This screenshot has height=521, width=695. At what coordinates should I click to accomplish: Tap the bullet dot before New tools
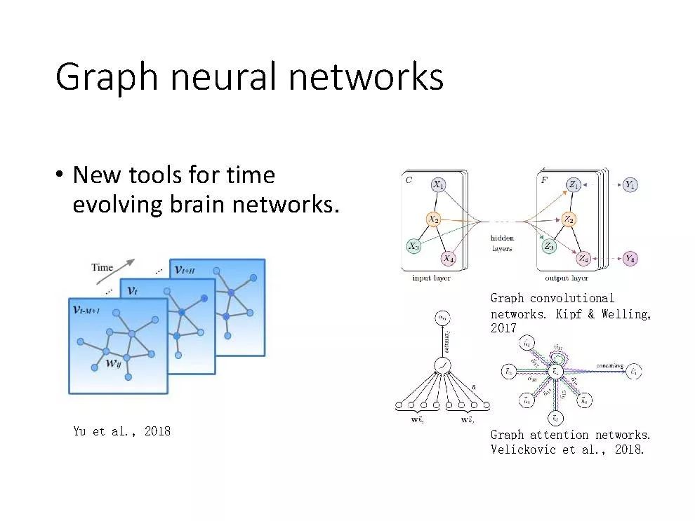(x=62, y=175)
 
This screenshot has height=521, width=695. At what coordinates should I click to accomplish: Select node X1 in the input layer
(x=438, y=185)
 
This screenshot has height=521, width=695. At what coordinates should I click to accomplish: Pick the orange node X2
(x=434, y=219)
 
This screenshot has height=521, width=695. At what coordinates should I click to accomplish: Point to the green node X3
(x=414, y=246)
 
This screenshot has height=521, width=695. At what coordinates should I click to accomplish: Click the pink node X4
(x=449, y=258)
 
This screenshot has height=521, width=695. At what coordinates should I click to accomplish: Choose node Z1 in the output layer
(x=574, y=185)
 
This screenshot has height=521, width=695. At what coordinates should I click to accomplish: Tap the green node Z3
(x=549, y=246)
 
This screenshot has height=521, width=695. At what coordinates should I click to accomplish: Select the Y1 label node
(x=630, y=185)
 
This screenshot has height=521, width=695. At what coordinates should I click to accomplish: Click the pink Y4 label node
(x=630, y=258)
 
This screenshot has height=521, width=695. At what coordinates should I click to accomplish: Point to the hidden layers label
(x=502, y=243)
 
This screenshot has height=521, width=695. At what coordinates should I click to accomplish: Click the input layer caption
(x=431, y=278)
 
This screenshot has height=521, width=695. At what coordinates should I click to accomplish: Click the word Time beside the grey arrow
(x=102, y=267)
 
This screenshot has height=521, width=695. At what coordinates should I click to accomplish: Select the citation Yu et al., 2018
(x=121, y=431)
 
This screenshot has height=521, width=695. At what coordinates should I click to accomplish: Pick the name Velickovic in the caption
(x=522, y=449)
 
